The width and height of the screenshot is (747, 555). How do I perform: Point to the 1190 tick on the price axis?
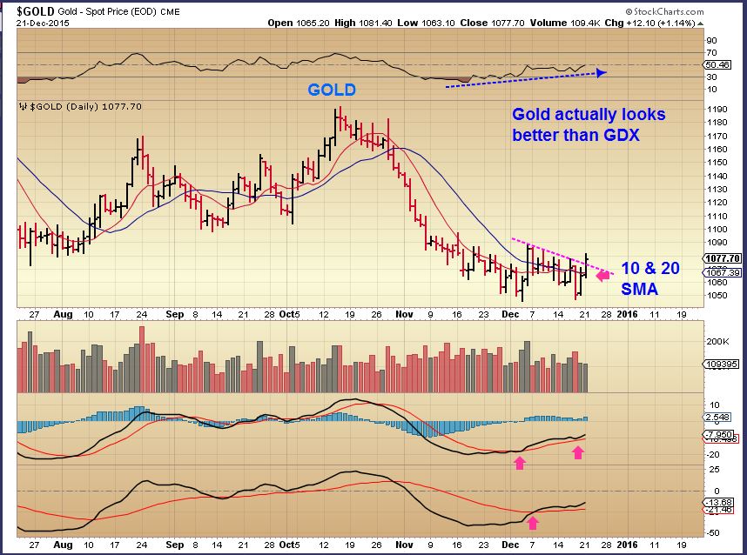(717, 110)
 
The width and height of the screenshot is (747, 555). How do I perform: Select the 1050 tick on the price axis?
(717, 296)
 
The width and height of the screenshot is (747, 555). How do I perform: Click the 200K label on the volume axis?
(717, 342)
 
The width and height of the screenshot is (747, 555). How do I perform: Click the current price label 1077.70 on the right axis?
(722, 258)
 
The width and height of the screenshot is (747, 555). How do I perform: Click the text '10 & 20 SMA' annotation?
(649, 277)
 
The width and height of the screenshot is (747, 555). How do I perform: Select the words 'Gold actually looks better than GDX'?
(588, 124)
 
